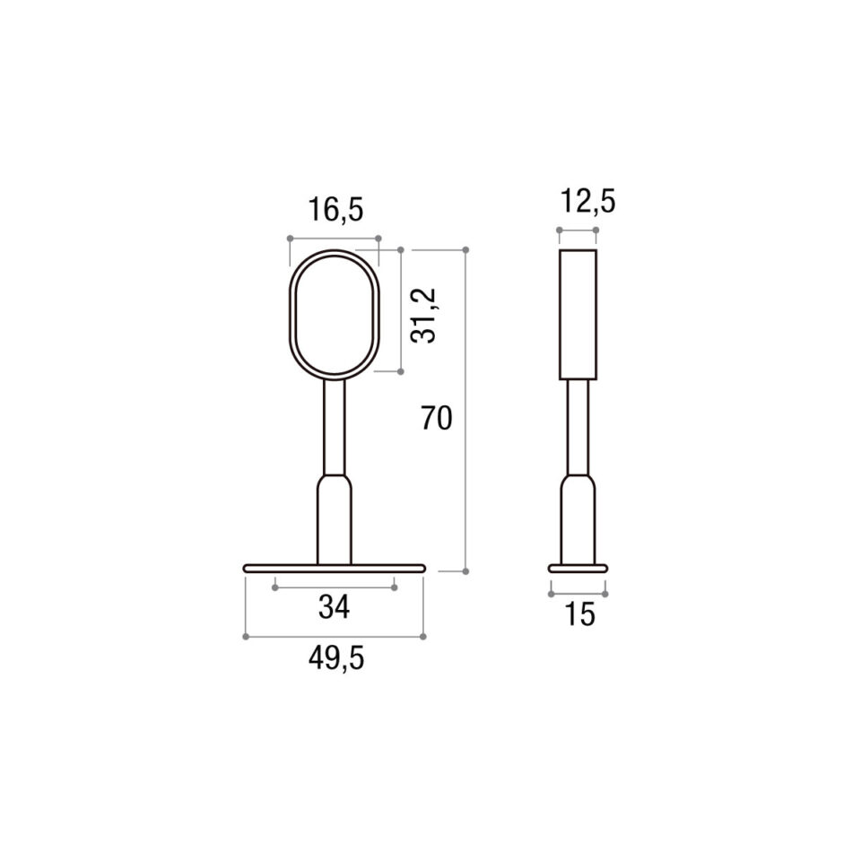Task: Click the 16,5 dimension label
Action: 336,210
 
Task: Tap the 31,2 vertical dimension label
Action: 424,316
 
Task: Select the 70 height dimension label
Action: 437,418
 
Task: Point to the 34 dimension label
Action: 334,608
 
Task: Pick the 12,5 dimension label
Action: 588,202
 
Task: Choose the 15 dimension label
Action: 579,614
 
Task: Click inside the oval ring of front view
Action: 290,314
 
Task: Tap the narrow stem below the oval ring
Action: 335,426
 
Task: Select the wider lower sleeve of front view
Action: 335,520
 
